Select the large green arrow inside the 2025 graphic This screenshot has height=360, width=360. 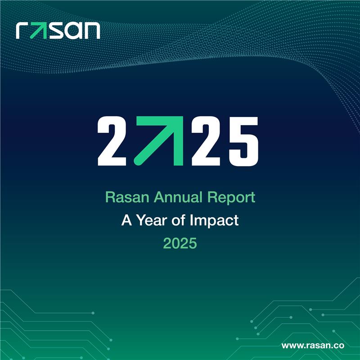pos(160,140)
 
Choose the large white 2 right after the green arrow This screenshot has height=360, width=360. pos(205,141)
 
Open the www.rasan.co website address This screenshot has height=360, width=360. pos(313,346)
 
